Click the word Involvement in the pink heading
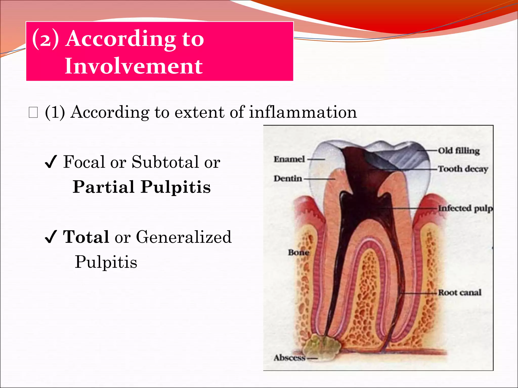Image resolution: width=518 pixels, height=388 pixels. (x=134, y=66)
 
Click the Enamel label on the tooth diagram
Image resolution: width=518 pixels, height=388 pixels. (x=289, y=159)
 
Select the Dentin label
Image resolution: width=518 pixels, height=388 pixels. (x=288, y=179)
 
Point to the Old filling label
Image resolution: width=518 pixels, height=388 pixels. (x=459, y=151)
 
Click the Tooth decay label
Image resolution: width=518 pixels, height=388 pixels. (x=463, y=169)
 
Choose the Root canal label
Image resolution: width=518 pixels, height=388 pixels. (x=460, y=293)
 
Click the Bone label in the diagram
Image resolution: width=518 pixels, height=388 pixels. (x=298, y=252)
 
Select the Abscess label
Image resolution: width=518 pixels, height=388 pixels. (x=290, y=358)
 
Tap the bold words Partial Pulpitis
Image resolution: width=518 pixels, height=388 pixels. (x=142, y=187)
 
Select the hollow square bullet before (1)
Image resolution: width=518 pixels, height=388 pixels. (x=33, y=112)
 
